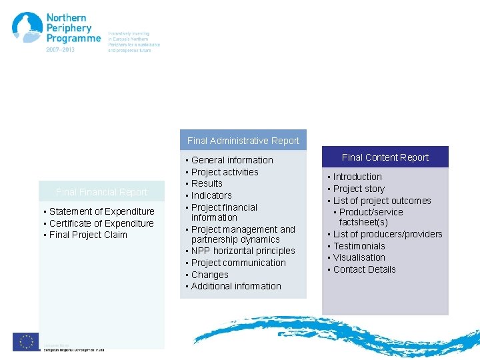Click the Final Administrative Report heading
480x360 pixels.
(x=243, y=141)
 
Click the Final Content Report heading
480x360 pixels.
(x=385, y=157)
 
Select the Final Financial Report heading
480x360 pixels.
(x=102, y=192)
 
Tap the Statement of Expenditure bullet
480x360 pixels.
(x=102, y=211)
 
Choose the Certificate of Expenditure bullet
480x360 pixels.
(x=101, y=223)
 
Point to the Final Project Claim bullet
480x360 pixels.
(x=88, y=235)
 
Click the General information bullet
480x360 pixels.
(x=232, y=160)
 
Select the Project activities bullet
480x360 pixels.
(x=225, y=172)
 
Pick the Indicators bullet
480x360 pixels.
(x=211, y=195)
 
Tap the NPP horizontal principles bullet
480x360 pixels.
(x=243, y=251)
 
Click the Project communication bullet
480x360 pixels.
(x=238, y=263)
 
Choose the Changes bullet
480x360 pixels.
(x=209, y=275)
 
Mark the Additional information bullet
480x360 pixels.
(x=236, y=286)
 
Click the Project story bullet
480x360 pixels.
(x=359, y=189)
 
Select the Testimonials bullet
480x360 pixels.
(x=359, y=246)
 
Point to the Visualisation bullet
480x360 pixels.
(x=359, y=257)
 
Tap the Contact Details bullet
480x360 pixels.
(x=364, y=269)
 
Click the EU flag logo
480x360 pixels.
(x=26, y=341)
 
